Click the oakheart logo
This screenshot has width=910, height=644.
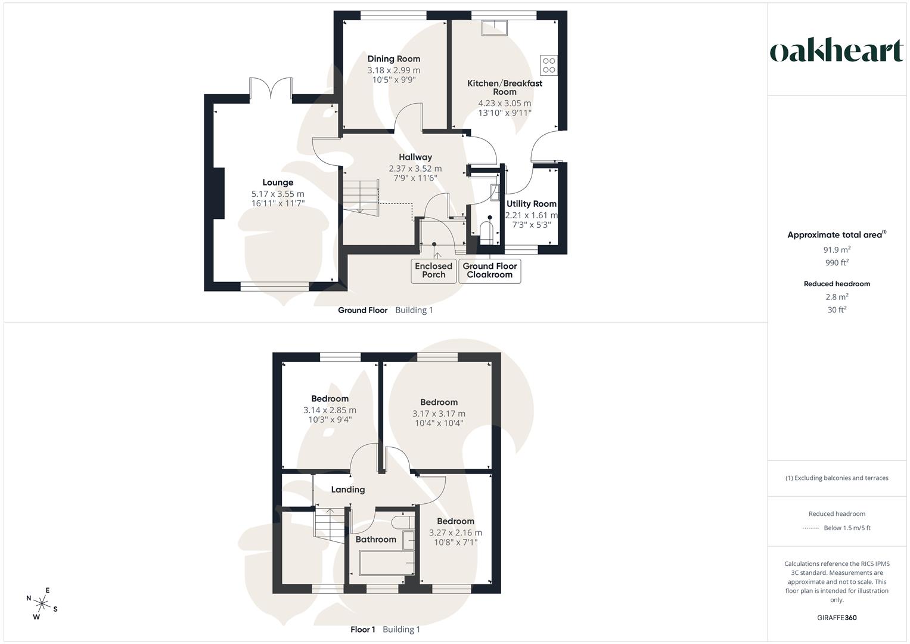pos(837,51)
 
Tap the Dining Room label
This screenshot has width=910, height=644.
pos(393,58)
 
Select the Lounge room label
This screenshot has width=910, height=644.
pos(278,182)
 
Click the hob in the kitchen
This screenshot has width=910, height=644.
pos(549,65)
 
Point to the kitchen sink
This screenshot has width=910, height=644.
pos(495,27)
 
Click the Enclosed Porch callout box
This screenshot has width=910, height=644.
pos(434,271)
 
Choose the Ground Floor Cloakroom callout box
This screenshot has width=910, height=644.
pos(489,271)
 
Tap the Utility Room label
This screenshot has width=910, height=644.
pos(531,204)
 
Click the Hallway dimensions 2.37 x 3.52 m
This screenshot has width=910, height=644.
pos(415,169)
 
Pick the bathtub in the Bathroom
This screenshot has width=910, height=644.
pos(387,562)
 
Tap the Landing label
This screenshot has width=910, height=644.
pos(348,490)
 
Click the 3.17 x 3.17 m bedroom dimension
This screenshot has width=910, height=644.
pos(439,413)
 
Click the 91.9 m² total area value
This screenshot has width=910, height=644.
pos(837,250)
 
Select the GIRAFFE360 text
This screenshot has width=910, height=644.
pos(837,618)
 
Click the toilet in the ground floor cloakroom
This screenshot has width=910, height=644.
pos(486,231)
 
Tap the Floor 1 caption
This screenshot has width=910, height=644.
pos(362,629)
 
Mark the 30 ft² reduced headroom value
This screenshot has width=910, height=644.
pos(837,309)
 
